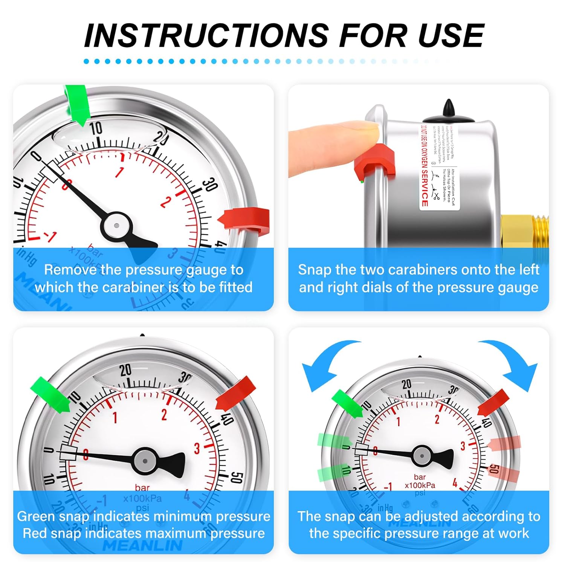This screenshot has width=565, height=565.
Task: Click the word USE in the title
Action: pos(450,35)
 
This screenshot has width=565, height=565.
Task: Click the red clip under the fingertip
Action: pos(375,162)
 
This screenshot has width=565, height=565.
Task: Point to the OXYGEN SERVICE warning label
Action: pos(425,166)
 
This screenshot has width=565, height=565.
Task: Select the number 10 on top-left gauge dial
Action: pos(96,128)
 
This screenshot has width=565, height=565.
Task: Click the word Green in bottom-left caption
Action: pos(35,516)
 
